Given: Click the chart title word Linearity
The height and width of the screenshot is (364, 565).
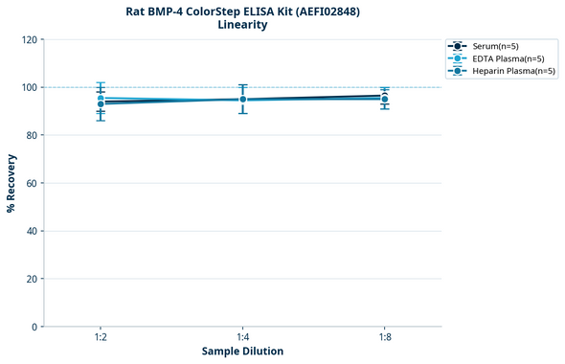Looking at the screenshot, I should pos(242,25).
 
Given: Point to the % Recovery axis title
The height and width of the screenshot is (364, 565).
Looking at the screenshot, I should pos(11,182).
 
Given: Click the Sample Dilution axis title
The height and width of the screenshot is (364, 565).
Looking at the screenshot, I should pos(242,352).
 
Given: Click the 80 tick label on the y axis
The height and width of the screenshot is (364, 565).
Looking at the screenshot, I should pos(31,135).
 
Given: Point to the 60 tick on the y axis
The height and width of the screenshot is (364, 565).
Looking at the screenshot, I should pos(31,183).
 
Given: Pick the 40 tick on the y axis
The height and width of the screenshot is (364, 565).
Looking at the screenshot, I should pos(31,231).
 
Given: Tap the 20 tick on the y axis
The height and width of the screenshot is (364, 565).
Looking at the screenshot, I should pos(31,279).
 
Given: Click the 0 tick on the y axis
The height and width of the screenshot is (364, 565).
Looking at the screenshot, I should pos(34,327).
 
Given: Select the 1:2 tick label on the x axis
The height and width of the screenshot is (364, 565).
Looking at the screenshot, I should pos(101,336).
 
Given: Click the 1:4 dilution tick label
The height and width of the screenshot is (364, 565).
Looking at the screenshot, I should pos(242,336).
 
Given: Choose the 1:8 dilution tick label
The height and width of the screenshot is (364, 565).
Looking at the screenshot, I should pos(384,336).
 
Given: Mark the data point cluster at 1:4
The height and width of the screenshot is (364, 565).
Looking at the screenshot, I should pos(242,100).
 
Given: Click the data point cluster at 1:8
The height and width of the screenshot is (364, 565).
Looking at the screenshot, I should pos(384,98).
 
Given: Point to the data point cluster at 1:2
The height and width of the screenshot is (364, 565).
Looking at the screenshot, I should pos(101,101).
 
